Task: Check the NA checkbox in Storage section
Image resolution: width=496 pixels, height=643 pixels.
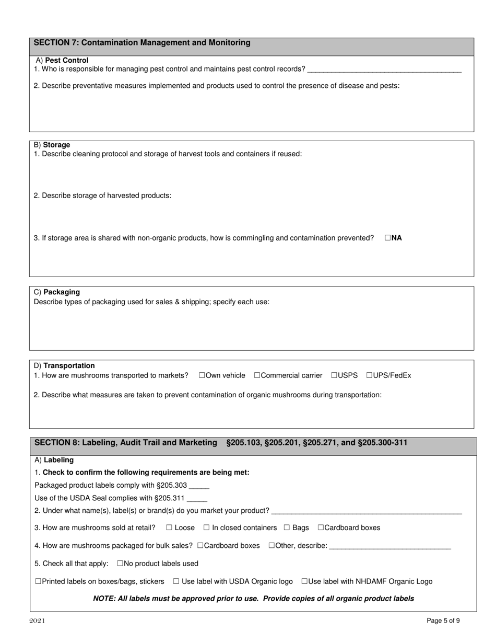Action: [x=388, y=238]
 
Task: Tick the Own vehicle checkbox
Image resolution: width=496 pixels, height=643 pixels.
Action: [x=202, y=375]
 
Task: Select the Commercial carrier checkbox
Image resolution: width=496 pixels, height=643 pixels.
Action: [x=257, y=375]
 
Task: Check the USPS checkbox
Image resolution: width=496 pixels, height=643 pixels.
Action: [x=334, y=375]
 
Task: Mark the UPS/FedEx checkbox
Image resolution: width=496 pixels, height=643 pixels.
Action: [x=369, y=375]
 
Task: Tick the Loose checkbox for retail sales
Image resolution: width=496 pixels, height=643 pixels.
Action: [x=169, y=527]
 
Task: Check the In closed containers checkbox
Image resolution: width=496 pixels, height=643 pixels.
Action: [x=207, y=527]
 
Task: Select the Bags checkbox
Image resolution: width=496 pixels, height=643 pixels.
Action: [x=287, y=527]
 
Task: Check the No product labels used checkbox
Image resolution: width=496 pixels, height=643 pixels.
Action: [x=120, y=564]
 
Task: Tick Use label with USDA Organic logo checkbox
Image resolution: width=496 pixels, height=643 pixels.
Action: [x=176, y=581]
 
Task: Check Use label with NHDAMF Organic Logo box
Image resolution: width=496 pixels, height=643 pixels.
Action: [x=304, y=581]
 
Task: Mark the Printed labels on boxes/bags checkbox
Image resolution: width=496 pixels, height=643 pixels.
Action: [x=38, y=581]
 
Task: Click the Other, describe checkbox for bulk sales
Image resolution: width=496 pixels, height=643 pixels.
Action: [x=271, y=546]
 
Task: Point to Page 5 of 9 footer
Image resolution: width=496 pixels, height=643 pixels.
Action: [x=443, y=621]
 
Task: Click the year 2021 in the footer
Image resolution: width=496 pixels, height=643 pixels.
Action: [x=37, y=621]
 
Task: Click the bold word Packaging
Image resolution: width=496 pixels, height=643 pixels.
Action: [x=62, y=292]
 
